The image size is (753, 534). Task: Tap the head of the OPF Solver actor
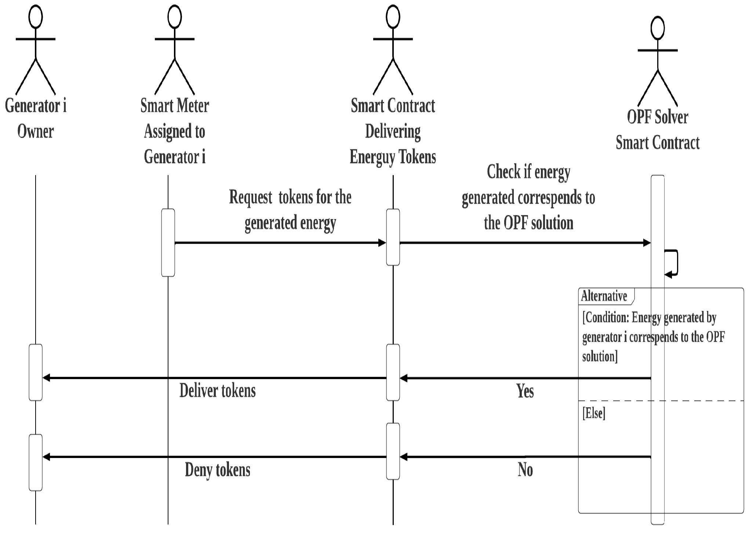point(657,29)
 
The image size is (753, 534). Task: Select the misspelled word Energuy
point(372,157)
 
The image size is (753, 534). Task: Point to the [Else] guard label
point(594,413)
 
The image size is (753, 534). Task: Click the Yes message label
point(525,391)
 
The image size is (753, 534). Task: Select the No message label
point(525,470)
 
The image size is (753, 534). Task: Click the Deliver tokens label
point(217,390)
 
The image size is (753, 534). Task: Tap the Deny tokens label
point(217,470)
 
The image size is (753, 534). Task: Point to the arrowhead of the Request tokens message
point(382,243)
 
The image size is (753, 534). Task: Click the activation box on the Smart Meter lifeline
point(168,242)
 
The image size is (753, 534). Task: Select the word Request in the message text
point(250,197)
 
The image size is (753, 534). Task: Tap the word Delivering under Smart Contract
point(393,131)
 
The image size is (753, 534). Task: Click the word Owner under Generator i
point(36,131)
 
